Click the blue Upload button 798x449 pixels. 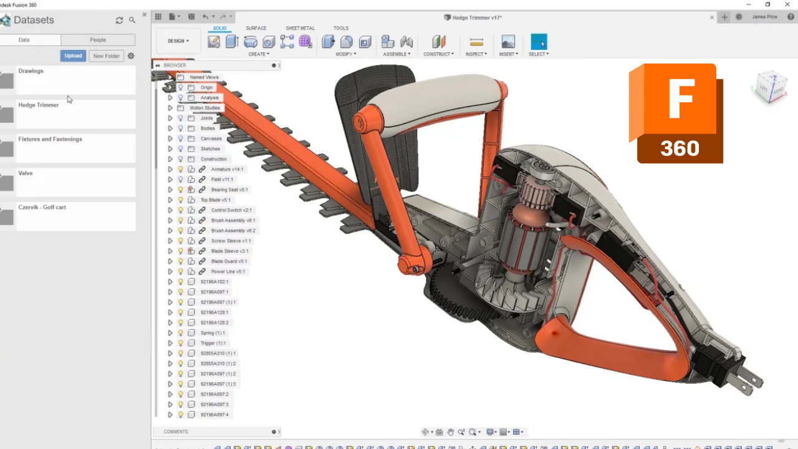coord(73,56)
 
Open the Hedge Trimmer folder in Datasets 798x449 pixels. coord(39,105)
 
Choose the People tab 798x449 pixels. coord(98,40)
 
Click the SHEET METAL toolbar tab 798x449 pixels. coord(300,28)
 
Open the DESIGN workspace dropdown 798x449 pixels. coord(178,41)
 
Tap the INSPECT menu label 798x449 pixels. coord(476,54)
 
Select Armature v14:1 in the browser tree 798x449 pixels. coord(227,169)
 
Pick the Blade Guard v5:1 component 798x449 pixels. coord(229,261)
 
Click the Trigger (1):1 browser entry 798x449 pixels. coord(213,343)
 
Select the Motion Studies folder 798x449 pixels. coord(204,108)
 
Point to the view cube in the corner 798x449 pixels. coord(771,87)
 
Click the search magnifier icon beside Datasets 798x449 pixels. coord(132,21)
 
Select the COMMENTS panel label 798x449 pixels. coord(176,432)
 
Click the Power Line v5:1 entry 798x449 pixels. coord(228,271)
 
